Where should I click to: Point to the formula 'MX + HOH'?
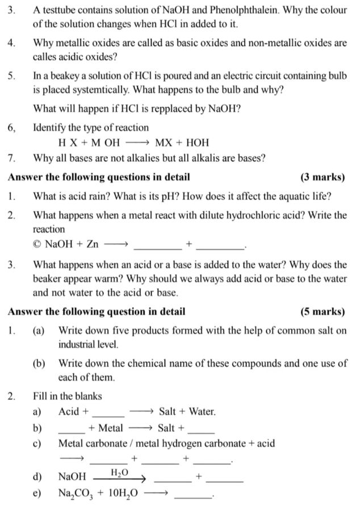pyautogui.click(x=182, y=143)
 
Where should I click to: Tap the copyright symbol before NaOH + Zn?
pyautogui.click(x=37, y=244)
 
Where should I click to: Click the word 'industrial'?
pyautogui.click(x=77, y=344)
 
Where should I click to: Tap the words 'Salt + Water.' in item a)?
pyautogui.click(x=187, y=411)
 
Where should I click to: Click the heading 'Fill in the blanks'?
pyautogui.click(x=67, y=396)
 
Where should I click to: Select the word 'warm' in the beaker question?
pyautogui.click(x=108, y=279)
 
